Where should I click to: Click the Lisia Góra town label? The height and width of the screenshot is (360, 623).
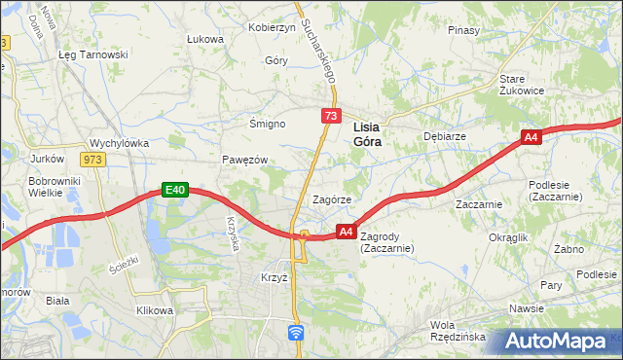[366, 133]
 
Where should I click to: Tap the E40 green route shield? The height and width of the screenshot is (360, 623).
[174, 191]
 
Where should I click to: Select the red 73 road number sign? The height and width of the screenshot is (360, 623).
[331, 117]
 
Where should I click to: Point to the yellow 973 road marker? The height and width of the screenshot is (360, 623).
[92, 160]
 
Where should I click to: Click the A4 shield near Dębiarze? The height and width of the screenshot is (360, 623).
[531, 138]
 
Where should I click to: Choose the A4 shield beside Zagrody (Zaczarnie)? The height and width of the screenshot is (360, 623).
[346, 232]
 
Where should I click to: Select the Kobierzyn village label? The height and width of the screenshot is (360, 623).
[272, 27]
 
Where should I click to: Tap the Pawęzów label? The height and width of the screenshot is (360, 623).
[243, 160]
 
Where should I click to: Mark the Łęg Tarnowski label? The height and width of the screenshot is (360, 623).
[93, 54]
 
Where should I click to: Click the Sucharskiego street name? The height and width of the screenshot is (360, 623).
[317, 49]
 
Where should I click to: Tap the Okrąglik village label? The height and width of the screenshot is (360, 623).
[508, 237]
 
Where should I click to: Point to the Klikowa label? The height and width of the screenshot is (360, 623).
[154, 310]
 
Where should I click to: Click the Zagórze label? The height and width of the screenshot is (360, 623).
[331, 199]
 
